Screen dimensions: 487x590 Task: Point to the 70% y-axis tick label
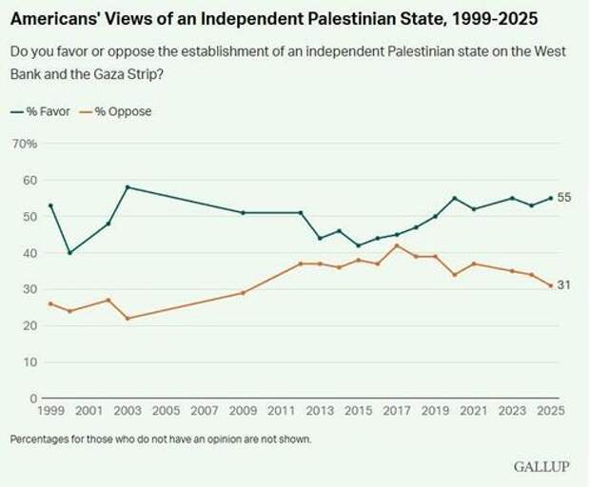point(24,144)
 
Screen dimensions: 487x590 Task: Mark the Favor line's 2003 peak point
point(128,187)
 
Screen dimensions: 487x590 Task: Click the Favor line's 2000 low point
point(69,253)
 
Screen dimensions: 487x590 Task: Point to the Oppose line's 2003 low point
point(128,318)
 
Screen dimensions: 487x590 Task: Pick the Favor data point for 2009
point(243,212)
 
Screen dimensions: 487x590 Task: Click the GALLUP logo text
point(541,467)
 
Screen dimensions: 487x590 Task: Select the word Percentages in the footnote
point(41,438)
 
